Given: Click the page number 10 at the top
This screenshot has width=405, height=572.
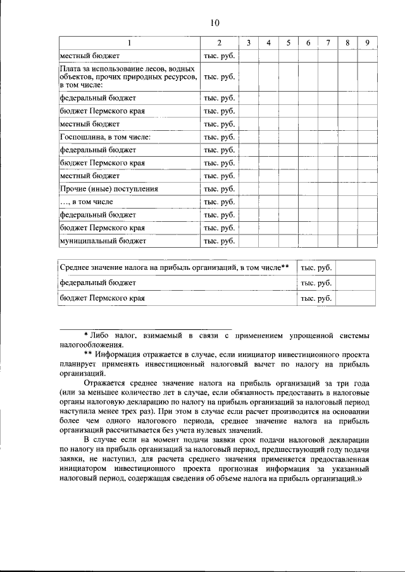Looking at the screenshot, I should tap(214, 23).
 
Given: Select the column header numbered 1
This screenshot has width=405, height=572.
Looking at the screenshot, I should tap(129, 43).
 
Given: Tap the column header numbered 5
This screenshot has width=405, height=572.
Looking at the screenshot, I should tap(288, 43).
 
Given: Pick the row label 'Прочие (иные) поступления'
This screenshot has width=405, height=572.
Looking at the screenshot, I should tap(108, 188).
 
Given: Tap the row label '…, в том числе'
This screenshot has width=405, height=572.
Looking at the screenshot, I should tap(87, 202).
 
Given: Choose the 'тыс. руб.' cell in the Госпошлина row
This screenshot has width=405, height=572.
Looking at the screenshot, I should tap(219, 137).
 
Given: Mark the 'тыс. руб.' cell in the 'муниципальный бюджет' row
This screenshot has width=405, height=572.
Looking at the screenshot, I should tap(219, 241).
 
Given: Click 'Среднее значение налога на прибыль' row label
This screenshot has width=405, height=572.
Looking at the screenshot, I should tap(174, 267).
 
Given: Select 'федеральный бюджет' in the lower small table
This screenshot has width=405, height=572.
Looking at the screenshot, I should tap(97, 283).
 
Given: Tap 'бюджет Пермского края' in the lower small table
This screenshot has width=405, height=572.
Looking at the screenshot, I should tap(102, 298).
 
